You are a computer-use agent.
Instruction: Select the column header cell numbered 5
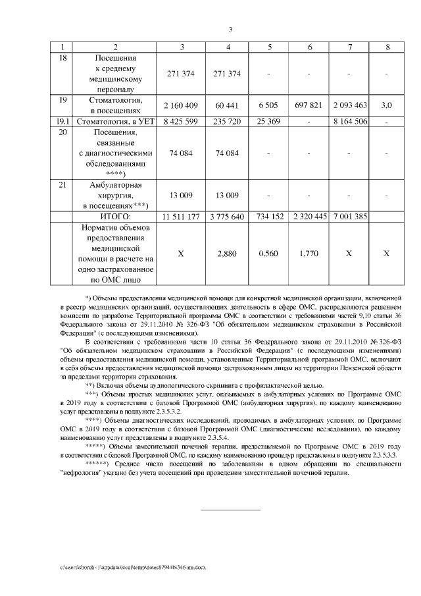[270, 47]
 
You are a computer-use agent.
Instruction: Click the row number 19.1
[62, 121]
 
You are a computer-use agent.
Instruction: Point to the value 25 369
[270, 121]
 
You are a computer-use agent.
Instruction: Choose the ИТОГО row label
[115, 216]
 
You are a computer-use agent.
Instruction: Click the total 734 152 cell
[270, 216]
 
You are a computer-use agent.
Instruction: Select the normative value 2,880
[227, 253]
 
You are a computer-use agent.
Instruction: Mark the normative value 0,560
[270, 253]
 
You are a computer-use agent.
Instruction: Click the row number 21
[62, 186]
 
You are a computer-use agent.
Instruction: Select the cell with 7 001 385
[350, 216]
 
